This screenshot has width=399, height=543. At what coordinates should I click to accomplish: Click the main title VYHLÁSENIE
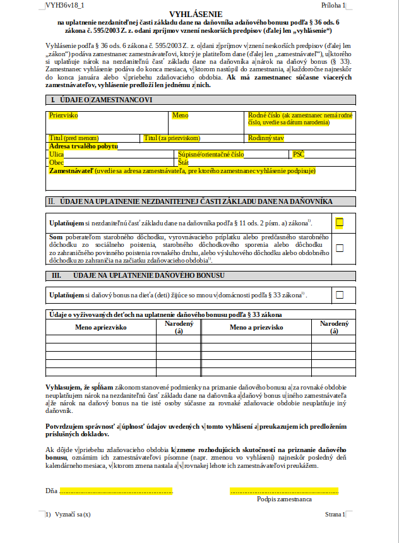point(199,14)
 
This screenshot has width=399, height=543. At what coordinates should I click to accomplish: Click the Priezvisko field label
point(63,116)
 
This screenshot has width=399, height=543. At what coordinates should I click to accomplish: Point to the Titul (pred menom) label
point(74,138)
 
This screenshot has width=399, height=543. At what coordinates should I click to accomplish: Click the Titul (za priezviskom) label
point(172,138)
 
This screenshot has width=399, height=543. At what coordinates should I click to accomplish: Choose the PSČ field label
point(298,154)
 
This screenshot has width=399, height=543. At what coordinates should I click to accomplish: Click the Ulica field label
point(56,154)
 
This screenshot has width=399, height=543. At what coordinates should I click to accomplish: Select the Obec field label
point(56,162)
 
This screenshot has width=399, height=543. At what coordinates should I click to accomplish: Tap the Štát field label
point(184,162)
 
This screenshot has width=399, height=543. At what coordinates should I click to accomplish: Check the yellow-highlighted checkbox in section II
point(340,222)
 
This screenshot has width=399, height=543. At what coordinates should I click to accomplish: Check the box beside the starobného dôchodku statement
point(340,248)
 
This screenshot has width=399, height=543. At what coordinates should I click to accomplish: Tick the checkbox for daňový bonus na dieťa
point(340,294)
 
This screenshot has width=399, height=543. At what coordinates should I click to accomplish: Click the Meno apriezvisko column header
point(101,327)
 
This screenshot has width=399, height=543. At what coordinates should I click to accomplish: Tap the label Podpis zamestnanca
point(284,499)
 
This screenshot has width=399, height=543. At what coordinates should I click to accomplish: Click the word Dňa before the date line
point(51,490)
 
